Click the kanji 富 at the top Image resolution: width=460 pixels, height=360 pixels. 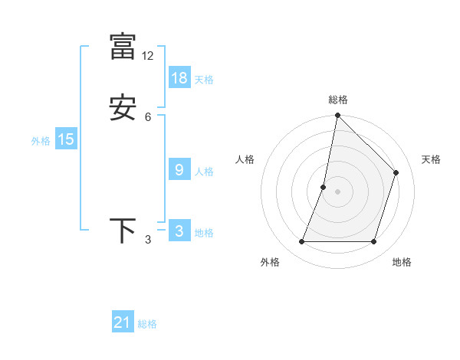pyautogui.click(x=123, y=45)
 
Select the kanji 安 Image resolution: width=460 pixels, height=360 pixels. pyautogui.click(x=123, y=108)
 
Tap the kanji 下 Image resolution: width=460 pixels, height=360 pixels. pyautogui.click(x=123, y=231)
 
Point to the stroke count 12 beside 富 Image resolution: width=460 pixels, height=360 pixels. pyautogui.click(x=148, y=56)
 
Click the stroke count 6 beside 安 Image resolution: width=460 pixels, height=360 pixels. pyautogui.click(x=148, y=117)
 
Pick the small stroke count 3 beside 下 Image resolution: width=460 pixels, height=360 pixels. pyautogui.click(x=148, y=241)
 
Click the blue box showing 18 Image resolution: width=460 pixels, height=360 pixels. pyautogui.click(x=179, y=78)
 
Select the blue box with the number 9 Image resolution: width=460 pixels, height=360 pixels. pyautogui.click(x=179, y=170)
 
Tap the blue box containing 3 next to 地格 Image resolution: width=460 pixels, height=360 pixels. pyautogui.click(x=179, y=231)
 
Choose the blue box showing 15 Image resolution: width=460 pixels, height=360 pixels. pyautogui.click(x=66, y=139)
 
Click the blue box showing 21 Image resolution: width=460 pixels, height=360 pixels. pyautogui.click(x=123, y=322)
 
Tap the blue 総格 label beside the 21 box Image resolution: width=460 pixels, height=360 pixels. pyautogui.click(x=147, y=324)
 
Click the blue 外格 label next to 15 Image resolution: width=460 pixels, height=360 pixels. pyautogui.click(x=40, y=141)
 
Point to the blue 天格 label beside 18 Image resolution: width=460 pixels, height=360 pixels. pyautogui.click(x=204, y=80)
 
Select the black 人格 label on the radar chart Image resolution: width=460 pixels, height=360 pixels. pyautogui.click(x=245, y=159)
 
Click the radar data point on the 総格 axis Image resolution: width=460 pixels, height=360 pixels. pyautogui.click(x=337, y=115)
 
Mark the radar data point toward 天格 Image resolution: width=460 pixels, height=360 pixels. pyautogui.click(x=396, y=172)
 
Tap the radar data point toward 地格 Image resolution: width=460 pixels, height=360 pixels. pyautogui.click(x=373, y=242)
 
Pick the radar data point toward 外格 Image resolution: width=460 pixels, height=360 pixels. pyautogui.click(x=301, y=242)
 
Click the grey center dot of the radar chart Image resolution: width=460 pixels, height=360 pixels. pyautogui.click(x=337, y=191)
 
